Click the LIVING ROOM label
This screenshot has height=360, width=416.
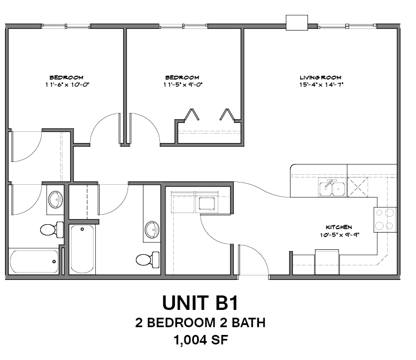[x=320, y=77]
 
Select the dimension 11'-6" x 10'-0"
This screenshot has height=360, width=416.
[x=66, y=85]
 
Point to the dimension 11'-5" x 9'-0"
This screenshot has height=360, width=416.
[x=182, y=85]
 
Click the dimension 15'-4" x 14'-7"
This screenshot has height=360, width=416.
[x=320, y=85]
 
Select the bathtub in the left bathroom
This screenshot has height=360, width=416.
[x=34, y=260]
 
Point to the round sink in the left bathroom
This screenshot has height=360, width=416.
[x=55, y=199]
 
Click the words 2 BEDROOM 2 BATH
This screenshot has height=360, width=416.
[x=200, y=322]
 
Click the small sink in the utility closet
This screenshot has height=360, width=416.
[x=207, y=203]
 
